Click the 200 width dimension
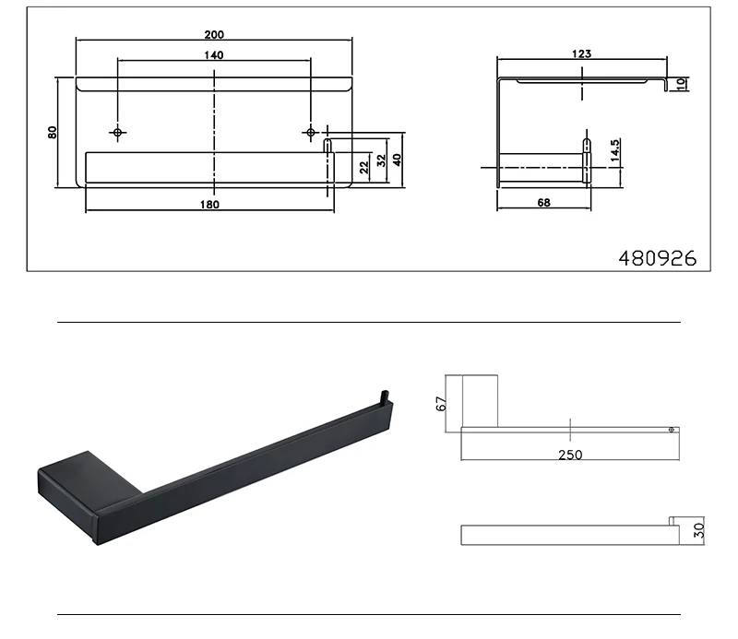[x=214, y=34]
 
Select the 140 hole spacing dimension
[x=214, y=55]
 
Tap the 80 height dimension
[x=53, y=132]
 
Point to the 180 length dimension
[x=209, y=204]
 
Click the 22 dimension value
[x=363, y=167]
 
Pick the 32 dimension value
[x=381, y=160]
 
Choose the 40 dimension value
[x=397, y=160]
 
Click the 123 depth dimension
[x=582, y=53]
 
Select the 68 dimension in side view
[x=543, y=202]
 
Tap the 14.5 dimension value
[x=614, y=150]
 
